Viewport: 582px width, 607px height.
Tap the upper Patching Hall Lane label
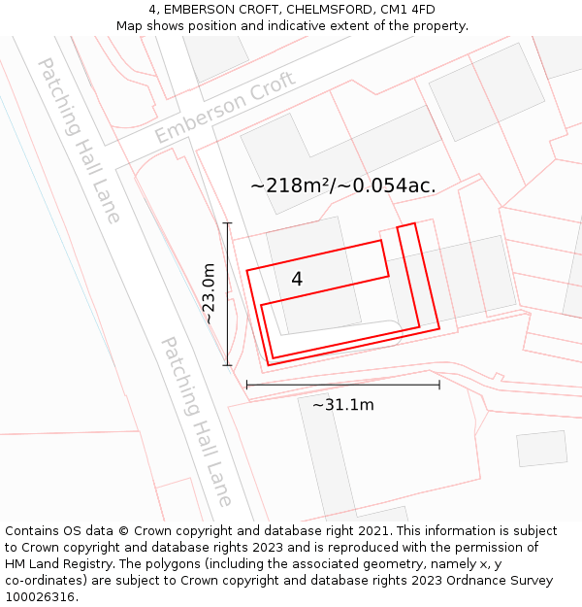(80, 140)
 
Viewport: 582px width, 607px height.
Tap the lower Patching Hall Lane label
(197, 422)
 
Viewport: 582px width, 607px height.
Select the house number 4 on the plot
(297, 279)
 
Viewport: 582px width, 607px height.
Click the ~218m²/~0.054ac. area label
(342, 185)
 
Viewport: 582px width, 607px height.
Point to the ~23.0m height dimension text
(208, 293)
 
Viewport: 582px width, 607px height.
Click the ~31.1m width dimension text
(342, 405)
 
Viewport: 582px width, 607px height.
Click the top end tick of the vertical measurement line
(228, 223)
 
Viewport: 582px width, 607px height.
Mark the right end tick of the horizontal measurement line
(439, 385)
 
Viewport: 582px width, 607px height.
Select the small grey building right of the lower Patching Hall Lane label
(541, 449)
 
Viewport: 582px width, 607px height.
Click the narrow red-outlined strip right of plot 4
(418, 277)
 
